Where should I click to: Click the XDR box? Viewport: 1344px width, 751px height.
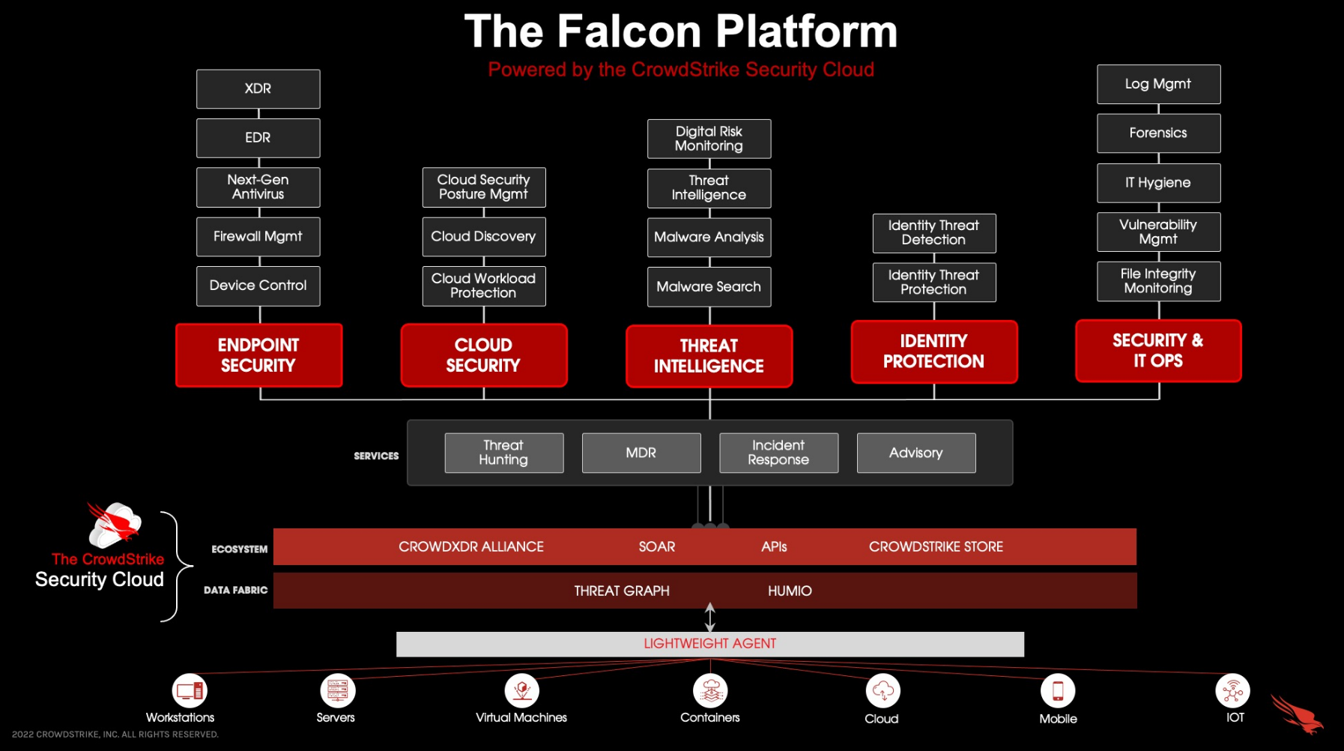(x=258, y=89)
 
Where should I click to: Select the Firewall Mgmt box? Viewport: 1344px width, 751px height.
(x=258, y=237)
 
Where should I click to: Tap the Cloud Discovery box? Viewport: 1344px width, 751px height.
(x=483, y=237)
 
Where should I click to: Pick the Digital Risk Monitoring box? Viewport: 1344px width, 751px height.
(x=709, y=139)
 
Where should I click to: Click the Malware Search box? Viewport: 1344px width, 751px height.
(x=709, y=287)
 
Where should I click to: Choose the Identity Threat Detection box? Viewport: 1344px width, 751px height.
(x=933, y=233)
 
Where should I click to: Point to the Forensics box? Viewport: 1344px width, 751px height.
(x=1158, y=133)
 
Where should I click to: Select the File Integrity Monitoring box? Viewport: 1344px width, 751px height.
(x=1158, y=281)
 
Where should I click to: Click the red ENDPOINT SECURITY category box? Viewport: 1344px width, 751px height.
(x=258, y=355)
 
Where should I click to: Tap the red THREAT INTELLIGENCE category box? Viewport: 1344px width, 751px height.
(x=709, y=356)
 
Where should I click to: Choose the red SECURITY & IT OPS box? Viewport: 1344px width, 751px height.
(x=1158, y=351)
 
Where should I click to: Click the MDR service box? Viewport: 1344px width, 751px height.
(x=641, y=453)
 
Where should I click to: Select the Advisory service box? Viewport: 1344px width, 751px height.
(x=916, y=453)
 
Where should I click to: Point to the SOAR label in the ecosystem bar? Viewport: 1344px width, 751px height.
(x=657, y=547)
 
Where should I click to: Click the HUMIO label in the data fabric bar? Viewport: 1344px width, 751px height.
(x=790, y=591)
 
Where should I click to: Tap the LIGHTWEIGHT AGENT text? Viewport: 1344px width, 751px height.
(x=709, y=644)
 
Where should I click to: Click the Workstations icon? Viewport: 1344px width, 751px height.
(x=190, y=690)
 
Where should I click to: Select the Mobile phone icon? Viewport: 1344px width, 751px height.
(x=1058, y=690)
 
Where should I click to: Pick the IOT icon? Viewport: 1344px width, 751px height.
(x=1232, y=690)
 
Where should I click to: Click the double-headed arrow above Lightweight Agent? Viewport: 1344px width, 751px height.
(x=710, y=618)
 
